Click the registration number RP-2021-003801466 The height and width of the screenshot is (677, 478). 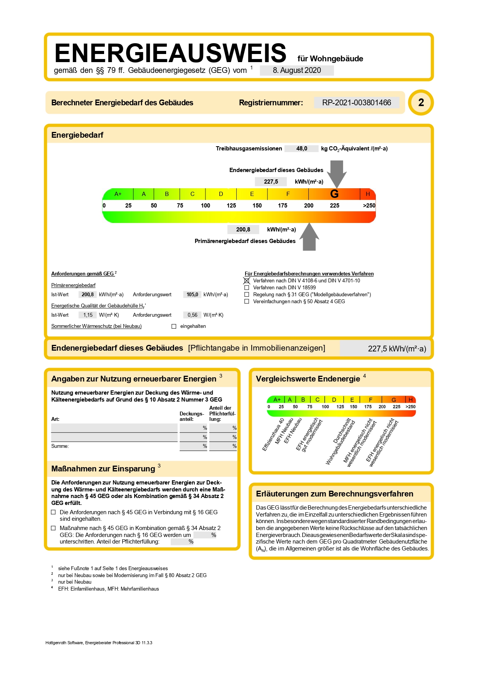(357, 103)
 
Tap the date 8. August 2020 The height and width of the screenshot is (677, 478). (297, 70)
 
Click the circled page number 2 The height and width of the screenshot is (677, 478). (421, 103)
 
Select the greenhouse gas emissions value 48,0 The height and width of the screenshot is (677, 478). (301, 149)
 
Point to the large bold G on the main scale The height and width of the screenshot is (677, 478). (334, 194)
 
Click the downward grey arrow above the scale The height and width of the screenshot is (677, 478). (337, 172)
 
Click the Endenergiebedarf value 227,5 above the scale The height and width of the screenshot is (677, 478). (271, 182)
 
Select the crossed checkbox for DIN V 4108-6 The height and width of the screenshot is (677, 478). (247, 280)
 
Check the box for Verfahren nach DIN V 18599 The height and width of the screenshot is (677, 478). (247, 288)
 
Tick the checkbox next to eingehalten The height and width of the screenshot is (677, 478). (174, 326)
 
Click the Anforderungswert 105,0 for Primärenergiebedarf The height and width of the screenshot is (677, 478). (192, 294)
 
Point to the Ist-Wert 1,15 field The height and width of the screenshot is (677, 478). (88, 315)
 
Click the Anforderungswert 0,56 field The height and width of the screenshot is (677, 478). (192, 315)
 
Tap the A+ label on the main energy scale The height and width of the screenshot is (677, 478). (118, 194)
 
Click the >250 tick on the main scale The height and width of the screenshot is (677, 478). (369, 206)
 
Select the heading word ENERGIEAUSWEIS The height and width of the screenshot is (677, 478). (170, 53)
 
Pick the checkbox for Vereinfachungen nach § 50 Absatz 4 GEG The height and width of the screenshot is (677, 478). (247, 302)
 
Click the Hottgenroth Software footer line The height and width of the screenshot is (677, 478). (99, 643)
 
